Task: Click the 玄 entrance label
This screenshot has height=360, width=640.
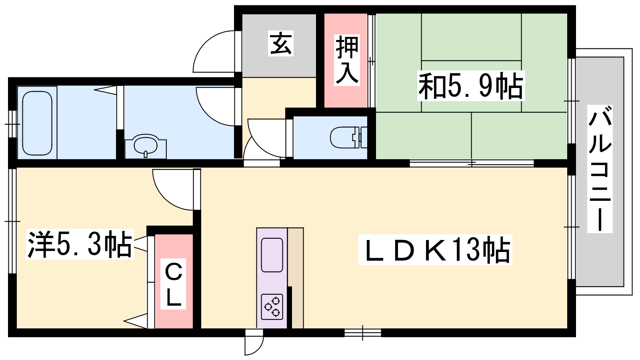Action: [281, 44]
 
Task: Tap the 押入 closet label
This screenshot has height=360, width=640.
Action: [347, 60]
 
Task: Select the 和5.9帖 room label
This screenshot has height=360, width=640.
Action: [471, 86]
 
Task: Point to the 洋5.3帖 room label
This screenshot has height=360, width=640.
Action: [80, 244]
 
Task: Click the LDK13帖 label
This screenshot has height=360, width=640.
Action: [435, 250]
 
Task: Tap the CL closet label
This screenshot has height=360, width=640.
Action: [173, 284]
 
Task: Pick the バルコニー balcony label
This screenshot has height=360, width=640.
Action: [600, 168]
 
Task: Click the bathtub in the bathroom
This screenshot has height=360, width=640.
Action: [37, 123]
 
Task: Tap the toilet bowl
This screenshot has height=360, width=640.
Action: [348, 138]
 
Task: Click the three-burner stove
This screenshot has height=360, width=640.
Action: [272, 307]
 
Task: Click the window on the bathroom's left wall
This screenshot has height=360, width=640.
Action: [12, 124]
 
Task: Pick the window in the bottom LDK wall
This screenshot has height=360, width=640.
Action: [362, 333]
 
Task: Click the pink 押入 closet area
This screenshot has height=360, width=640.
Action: [346, 60]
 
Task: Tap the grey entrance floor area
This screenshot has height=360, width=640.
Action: [279, 45]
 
